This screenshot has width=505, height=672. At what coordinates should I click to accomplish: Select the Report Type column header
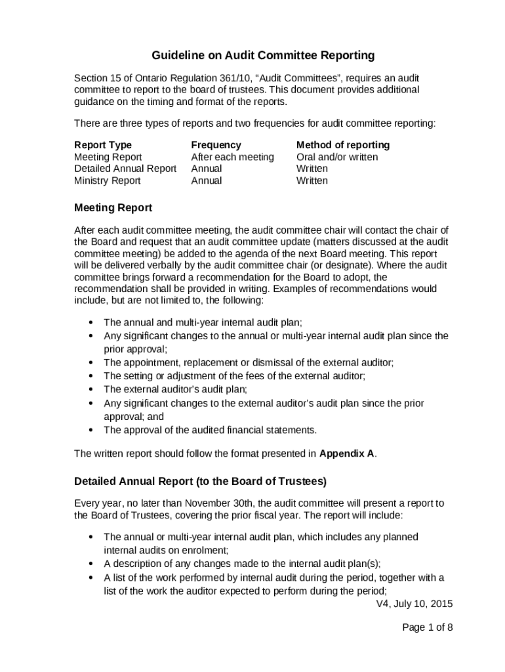click(x=103, y=145)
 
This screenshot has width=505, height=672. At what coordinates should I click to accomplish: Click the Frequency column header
click(x=216, y=145)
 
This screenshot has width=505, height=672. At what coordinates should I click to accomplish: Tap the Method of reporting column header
click(x=342, y=145)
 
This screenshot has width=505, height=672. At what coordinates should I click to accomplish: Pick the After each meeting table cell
click(x=232, y=157)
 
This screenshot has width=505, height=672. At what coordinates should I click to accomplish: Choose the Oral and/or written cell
click(x=336, y=157)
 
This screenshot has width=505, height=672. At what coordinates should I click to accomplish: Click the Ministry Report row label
click(x=107, y=180)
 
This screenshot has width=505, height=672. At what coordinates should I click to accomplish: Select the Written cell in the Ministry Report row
click(x=312, y=180)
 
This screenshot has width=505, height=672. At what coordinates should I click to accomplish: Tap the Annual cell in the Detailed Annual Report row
click(x=206, y=169)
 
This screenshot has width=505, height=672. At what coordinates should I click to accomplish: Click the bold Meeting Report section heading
click(x=113, y=208)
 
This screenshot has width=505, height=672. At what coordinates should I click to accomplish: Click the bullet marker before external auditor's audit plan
click(x=90, y=389)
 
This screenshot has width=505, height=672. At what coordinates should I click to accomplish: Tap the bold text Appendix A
click(x=348, y=453)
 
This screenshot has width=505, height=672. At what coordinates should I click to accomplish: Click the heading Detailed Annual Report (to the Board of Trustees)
click(x=200, y=482)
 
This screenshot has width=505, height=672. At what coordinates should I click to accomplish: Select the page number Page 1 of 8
click(x=427, y=627)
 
